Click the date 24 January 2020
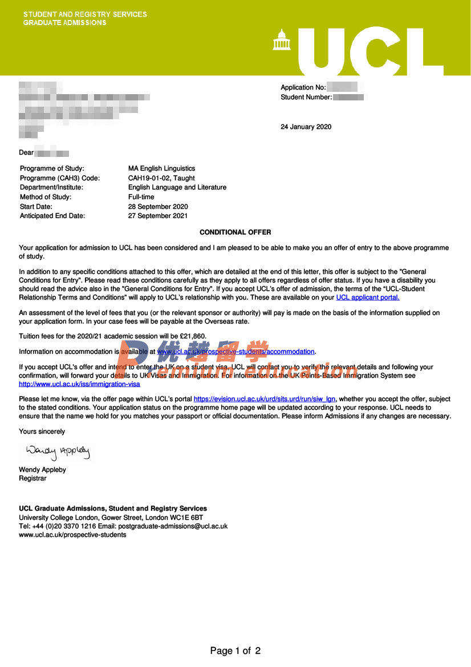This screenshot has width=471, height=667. tap(306, 127)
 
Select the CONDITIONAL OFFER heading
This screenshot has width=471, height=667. tap(235, 232)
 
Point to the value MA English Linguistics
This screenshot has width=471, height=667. tap(161, 168)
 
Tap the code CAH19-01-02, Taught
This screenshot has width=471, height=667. tap(161, 178)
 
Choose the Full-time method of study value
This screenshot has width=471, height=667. tap(141, 197)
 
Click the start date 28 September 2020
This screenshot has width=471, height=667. tap(158, 207)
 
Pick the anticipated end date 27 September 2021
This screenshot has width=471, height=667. tap(158, 216)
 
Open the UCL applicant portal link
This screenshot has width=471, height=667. tap(368, 297)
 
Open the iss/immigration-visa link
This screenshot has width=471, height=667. tap(79, 384)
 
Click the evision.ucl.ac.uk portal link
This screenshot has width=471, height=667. tap(265, 399)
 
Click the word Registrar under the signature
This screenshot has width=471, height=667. tap(33, 479)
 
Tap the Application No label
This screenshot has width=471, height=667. tap(303, 87)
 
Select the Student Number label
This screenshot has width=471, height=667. tap(306, 97)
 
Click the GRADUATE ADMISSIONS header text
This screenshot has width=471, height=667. tap(64, 23)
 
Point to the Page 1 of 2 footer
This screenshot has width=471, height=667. tap(235, 650)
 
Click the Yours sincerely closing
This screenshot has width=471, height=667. tap(42, 431)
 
